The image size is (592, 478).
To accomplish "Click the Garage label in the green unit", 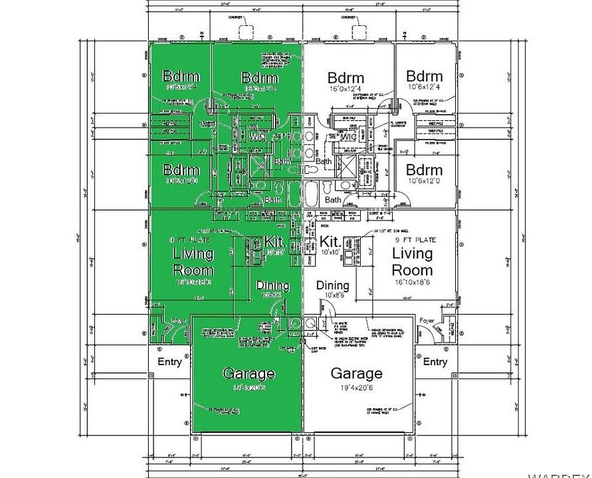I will pyautogui.click(x=248, y=373).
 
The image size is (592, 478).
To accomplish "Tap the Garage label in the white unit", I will pyautogui.click(x=356, y=373).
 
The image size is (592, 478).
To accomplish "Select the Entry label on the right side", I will pyautogui.click(x=435, y=362).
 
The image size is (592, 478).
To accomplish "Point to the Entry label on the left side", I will pyautogui.click(x=169, y=362).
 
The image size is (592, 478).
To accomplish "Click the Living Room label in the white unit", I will pyautogui.click(x=412, y=262).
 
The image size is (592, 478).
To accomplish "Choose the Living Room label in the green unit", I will pyautogui.click(x=193, y=262).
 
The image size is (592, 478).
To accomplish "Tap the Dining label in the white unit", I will pyautogui.click(x=332, y=285).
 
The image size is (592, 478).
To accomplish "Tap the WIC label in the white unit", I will pyautogui.click(x=348, y=137).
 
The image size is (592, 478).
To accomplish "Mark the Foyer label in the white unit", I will pyautogui.click(x=426, y=321).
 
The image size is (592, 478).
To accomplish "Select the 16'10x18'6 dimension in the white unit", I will pyautogui.click(x=412, y=282).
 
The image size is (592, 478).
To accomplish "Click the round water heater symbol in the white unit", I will pyautogui.click(x=310, y=323).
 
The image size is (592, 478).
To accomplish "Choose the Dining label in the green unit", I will pyautogui.click(x=272, y=285).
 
